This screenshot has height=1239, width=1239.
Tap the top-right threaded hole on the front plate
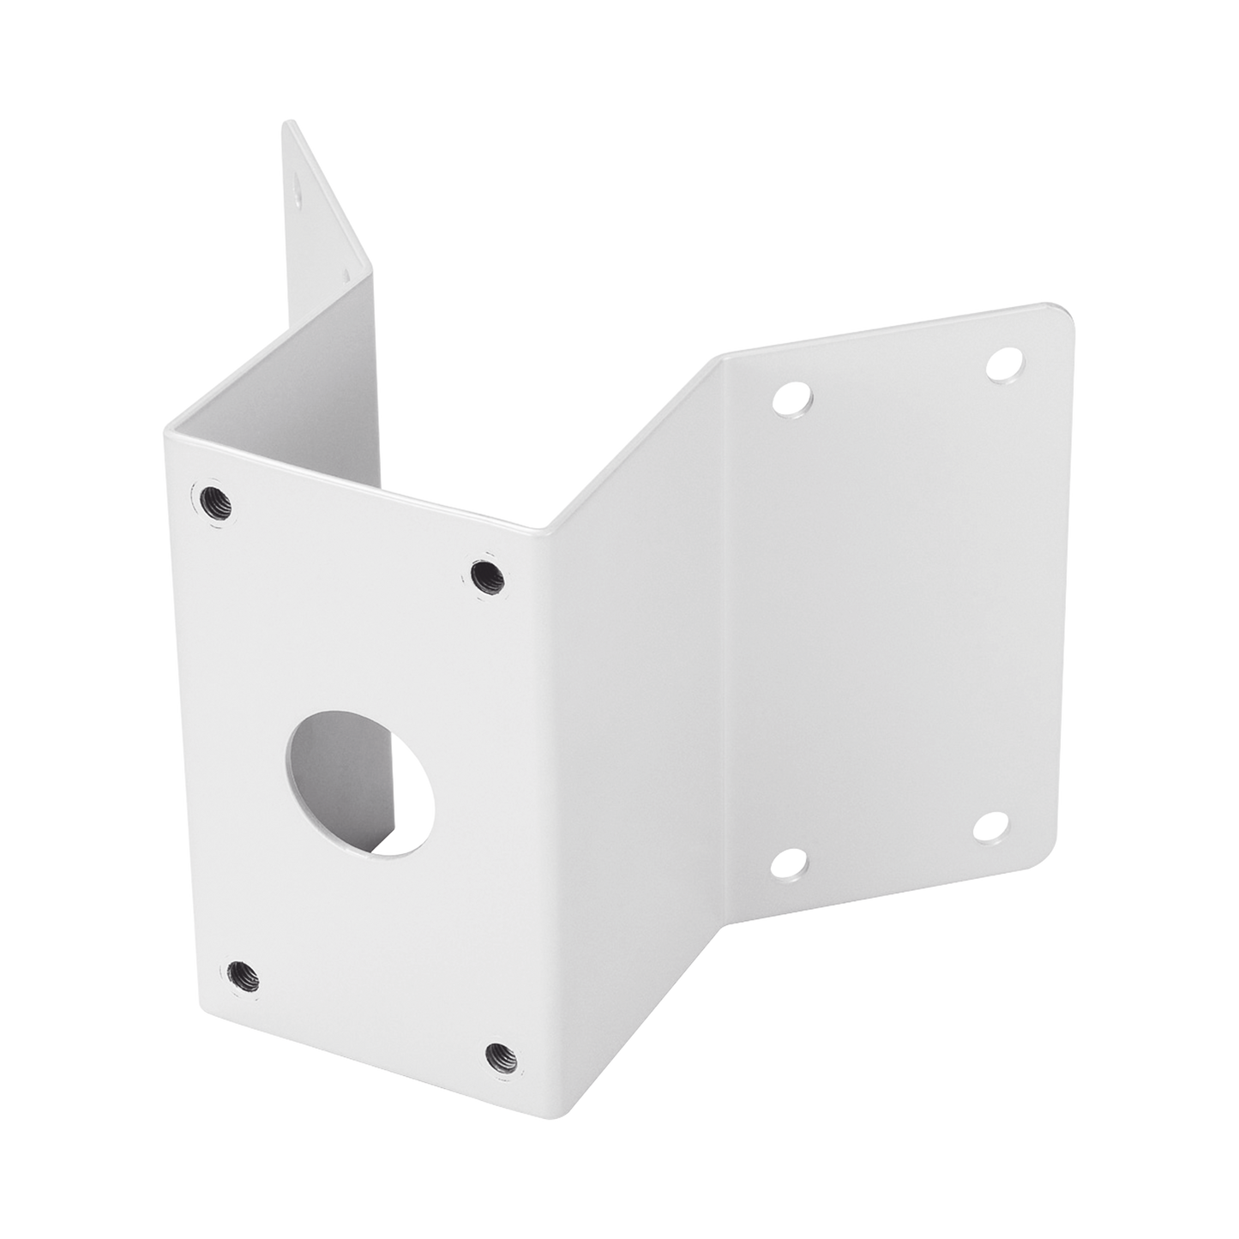click(487, 573)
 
